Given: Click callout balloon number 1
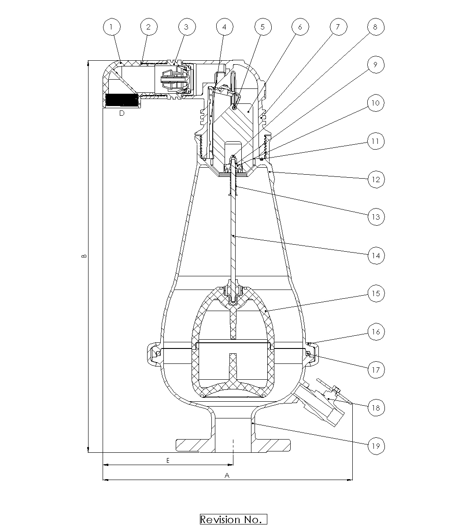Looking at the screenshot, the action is (111, 27).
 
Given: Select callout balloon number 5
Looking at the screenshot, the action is (262, 27).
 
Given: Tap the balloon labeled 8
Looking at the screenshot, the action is (376, 27).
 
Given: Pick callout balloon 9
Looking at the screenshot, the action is (376, 65).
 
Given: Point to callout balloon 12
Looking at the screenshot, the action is (376, 180).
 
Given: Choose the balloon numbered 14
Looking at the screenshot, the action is (376, 256).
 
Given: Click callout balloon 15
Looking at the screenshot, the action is (376, 293).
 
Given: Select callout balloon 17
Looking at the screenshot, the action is (376, 370).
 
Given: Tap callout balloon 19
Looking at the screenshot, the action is (376, 446).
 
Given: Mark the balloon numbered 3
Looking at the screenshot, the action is (187, 27).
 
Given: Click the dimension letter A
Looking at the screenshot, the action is (227, 475).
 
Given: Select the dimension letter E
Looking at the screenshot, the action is (168, 460).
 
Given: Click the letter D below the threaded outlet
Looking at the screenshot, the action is (122, 113).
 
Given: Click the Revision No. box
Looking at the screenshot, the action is (233, 519).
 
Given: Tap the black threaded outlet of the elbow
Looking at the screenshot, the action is (122, 100).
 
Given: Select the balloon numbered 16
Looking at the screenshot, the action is (376, 332).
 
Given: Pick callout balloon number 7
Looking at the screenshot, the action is (338, 27).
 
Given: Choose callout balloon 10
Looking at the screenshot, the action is (376, 103).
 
